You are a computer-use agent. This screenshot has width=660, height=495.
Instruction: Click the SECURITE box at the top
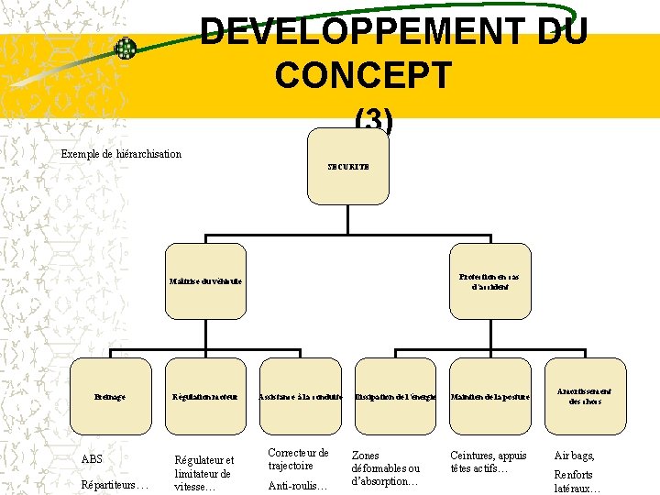[348, 167]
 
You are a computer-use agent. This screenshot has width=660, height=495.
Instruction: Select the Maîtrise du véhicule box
[205, 280]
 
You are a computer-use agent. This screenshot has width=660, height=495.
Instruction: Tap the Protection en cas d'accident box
[489, 280]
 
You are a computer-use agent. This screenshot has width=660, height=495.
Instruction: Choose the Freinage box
[110, 396]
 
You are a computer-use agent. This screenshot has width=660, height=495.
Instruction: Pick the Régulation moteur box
[205, 396]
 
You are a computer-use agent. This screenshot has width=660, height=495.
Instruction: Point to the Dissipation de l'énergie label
[396, 396]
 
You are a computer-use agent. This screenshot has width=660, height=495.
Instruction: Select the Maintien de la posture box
[490, 396]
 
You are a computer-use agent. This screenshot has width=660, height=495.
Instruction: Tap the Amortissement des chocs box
[585, 396]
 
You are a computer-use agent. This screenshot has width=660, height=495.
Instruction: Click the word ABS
[92, 459]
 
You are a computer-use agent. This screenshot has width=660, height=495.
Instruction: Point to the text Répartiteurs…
[115, 485]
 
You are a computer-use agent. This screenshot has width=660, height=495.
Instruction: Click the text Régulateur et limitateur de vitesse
[203, 473]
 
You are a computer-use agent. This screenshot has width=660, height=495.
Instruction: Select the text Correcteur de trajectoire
[298, 459]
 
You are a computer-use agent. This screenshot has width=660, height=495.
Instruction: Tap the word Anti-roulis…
[297, 486]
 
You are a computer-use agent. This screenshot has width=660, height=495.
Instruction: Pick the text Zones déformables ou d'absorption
[385, 467]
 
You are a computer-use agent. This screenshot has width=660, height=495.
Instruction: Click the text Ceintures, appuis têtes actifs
[489, 461]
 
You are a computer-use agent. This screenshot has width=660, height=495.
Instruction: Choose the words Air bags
[575, 456]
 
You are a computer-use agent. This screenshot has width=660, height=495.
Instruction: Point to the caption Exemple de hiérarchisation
[121, 154]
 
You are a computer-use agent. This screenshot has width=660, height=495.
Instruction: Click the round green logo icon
[126, 49]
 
